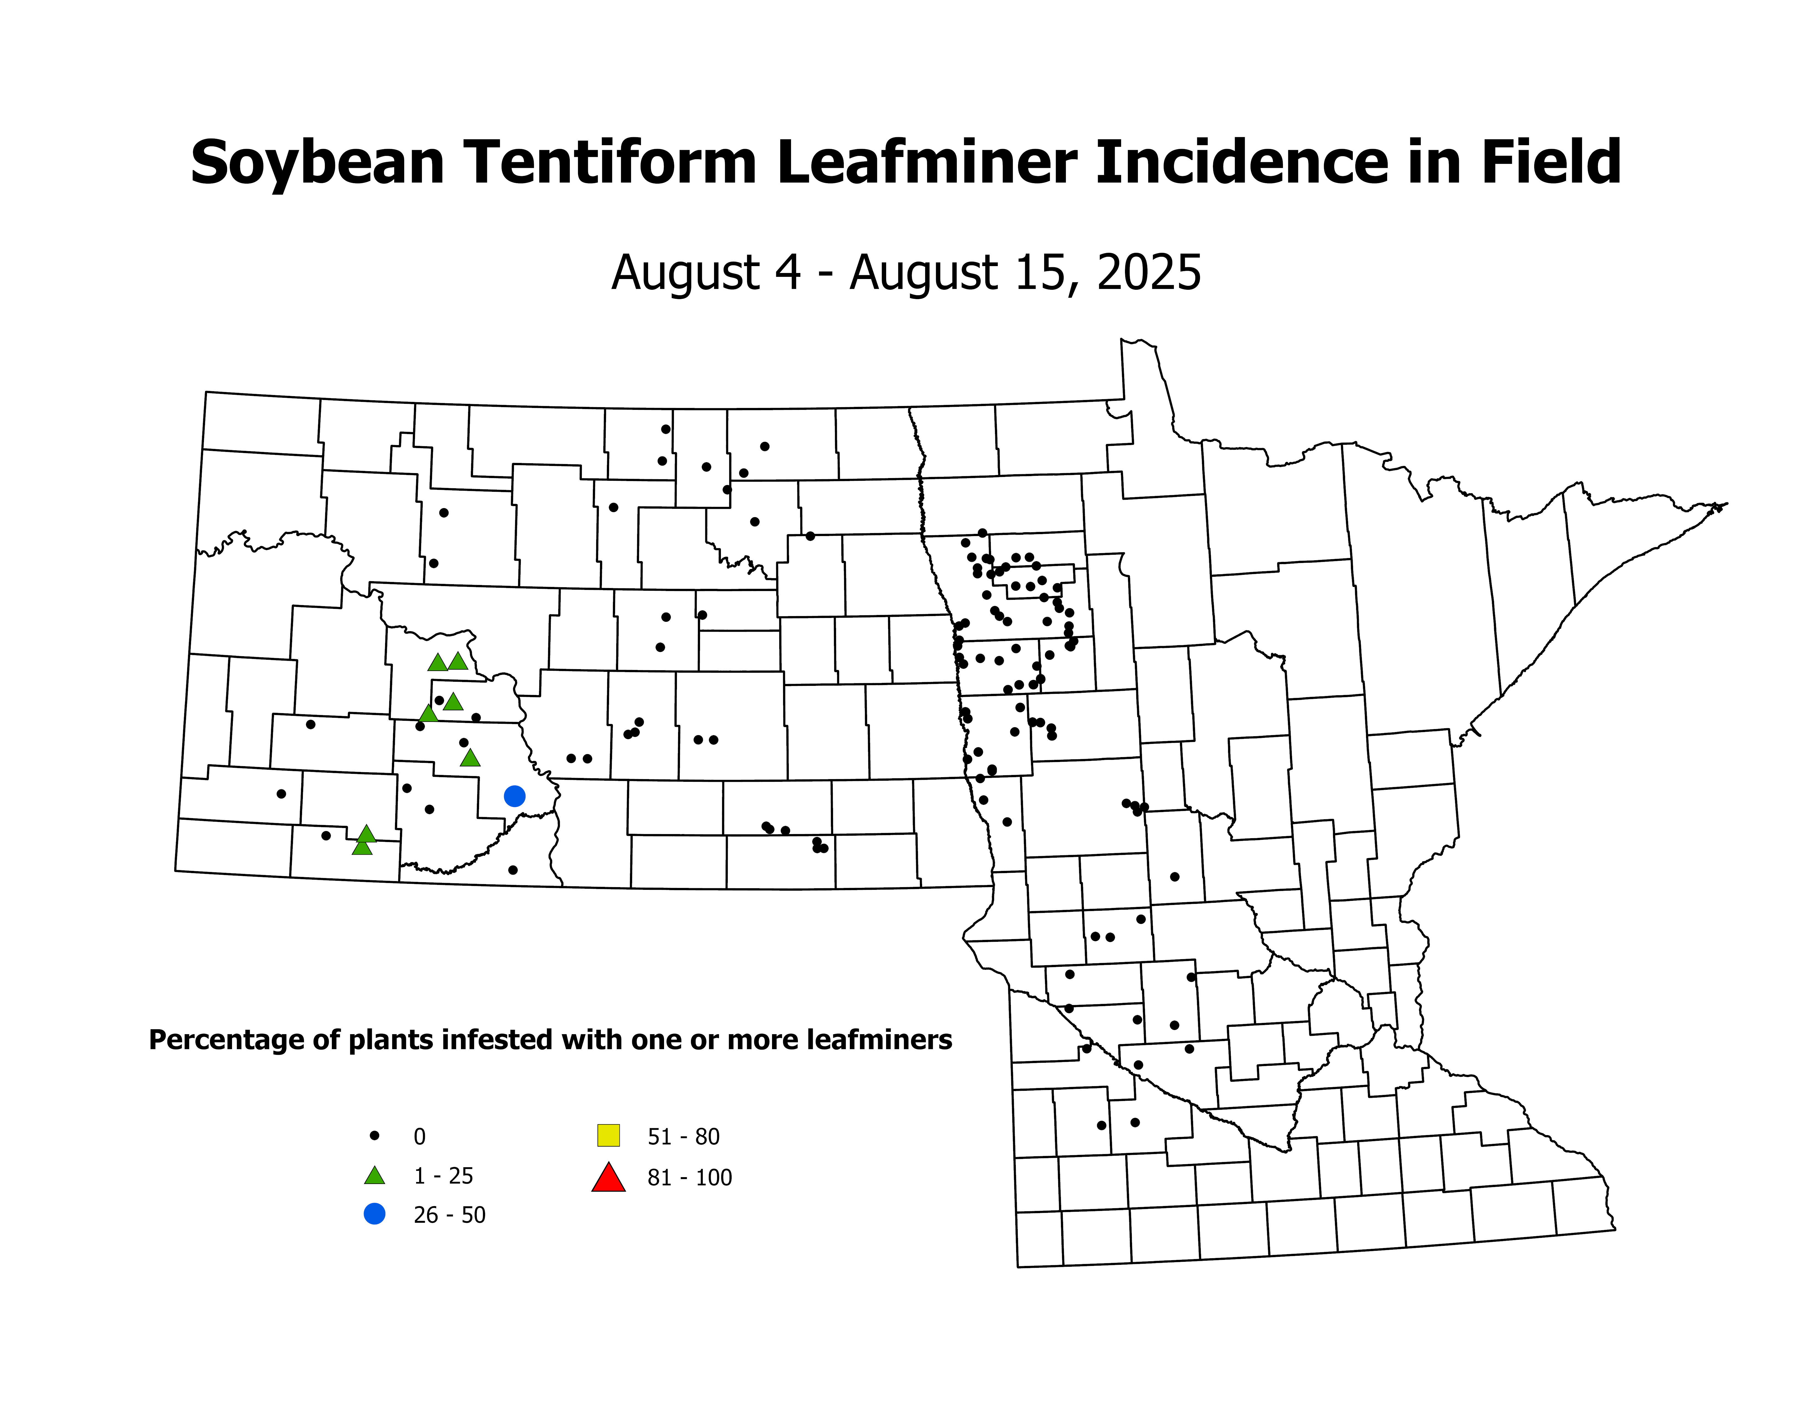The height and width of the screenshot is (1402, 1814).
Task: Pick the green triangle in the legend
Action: coord(375,1175)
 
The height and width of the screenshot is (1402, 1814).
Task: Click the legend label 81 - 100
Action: coord(689,1178)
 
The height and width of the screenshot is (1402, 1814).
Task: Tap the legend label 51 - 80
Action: coord(684,1136)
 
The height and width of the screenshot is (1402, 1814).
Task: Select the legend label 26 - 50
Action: coord(449,1215)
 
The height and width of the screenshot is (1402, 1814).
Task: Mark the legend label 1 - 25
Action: coord(444,1176)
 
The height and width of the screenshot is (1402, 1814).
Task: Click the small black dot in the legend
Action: coord(375,1135)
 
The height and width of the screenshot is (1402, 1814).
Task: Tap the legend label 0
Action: coord(419,1136)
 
